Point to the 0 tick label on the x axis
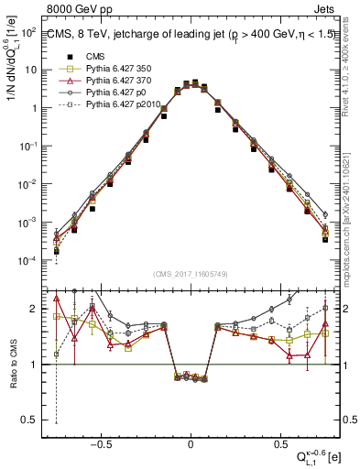191,442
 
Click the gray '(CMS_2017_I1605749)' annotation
191,275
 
